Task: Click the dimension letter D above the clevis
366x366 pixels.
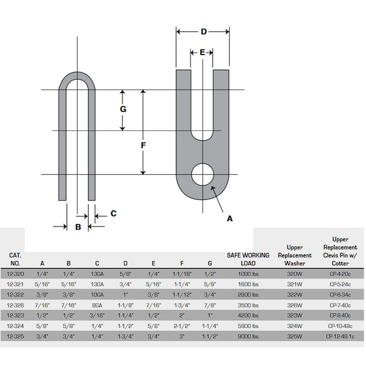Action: (x=204, y=31)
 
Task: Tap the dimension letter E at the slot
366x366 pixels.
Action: (x=202, y=52)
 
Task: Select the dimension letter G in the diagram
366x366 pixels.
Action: (x=123, y=109)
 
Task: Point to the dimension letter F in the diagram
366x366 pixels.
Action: (x=143, y=145)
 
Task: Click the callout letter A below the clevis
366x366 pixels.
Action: (x=230, y=219)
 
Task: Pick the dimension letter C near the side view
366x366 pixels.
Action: (x=113, y=213)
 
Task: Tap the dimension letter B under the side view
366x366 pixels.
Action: (x=78, y=227)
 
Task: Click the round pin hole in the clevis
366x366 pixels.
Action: (x=203, y=175)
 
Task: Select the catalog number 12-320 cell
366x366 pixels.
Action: (x=15, y=274)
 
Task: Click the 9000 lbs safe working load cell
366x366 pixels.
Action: (x=248, y=336)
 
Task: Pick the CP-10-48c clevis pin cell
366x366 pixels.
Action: (x=340, y=326)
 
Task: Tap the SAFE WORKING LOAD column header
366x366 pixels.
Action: (x=248, y=259)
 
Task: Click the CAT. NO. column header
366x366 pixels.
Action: (x=15, y=259)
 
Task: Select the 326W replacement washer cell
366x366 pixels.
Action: (x=295, y=305)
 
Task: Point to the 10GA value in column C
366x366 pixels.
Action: (x=97, y=295)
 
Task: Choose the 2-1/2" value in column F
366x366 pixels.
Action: (x=181, y=326)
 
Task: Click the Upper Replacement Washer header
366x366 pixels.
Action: (x=295, y=255)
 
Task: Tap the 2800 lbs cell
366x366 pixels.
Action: (x=248, y=295)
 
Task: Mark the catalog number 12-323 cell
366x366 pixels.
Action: (x=15, y=316)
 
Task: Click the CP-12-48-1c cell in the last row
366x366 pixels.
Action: (x=340, y=336)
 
